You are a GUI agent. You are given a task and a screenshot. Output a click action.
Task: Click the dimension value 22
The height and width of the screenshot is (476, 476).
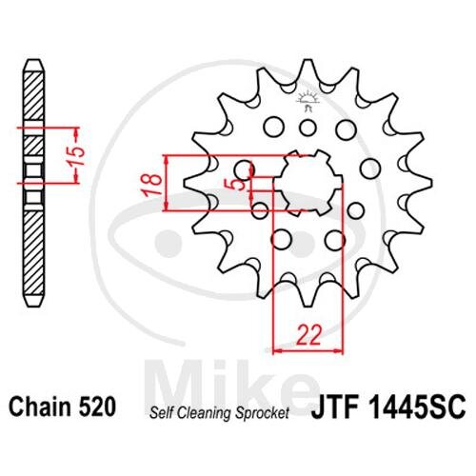(309, 335)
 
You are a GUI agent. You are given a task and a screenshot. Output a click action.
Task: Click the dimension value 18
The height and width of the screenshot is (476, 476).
(153, 185)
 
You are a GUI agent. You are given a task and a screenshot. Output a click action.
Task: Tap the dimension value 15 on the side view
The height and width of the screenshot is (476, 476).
(77, 156)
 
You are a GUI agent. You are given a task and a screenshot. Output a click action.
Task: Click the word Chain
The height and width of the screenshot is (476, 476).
(40, 407)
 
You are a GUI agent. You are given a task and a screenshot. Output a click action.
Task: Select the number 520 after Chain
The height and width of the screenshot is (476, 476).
(97, 407)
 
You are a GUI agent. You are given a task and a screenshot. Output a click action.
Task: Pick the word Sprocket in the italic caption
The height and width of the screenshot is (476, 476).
(262, 413)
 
